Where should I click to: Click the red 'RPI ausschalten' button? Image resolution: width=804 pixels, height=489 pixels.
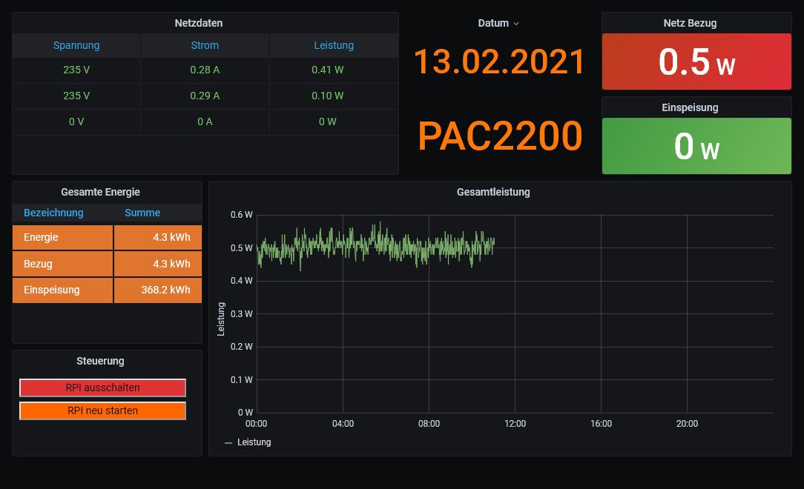coord(102,387)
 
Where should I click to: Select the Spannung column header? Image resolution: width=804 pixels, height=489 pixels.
coord(76,45)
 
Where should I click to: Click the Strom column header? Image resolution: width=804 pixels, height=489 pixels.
coord(205,45)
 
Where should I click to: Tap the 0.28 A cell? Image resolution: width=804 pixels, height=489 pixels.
coord(205,70)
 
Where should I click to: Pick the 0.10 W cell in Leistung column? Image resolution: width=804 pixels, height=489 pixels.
coord(328,96)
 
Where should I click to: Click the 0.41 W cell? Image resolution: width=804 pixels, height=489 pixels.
coord(328,70)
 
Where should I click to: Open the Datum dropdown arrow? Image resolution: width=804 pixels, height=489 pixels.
coord(516,24)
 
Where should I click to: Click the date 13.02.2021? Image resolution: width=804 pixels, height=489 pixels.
coord(499,61)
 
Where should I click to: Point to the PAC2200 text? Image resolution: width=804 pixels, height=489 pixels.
coord(500,136)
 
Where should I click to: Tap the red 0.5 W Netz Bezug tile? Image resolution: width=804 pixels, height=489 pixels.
coord(696,61)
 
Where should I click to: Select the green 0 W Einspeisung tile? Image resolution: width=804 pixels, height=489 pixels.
coord(696,146)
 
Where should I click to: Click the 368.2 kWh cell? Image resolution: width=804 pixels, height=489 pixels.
coord(157,290)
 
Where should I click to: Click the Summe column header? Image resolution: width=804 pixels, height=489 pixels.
coord(142,213)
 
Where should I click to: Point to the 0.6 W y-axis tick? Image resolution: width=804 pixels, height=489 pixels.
coord(242,215)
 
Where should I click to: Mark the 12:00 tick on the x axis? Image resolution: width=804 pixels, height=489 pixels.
coord(515,424)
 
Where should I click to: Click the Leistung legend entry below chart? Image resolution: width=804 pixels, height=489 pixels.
coord(248,442)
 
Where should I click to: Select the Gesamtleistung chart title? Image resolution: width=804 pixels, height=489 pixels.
coord(493,192)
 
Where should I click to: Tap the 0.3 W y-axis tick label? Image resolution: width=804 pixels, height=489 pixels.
coord(242,313)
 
